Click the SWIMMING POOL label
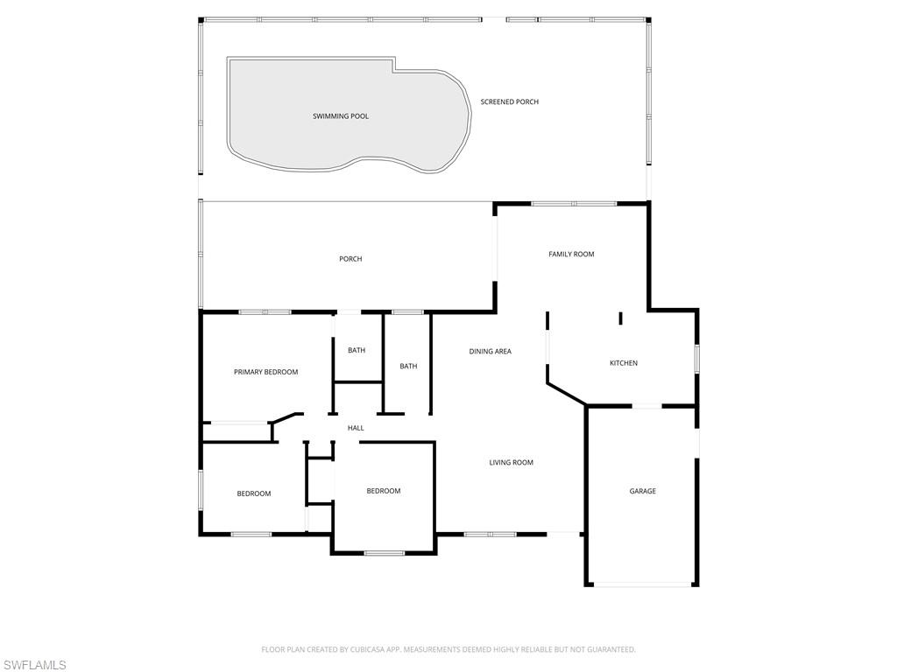tap(341, 116)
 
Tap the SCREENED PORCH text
tap(509, 102)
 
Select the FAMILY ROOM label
tap(571, 255)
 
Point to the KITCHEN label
tap(624, 363)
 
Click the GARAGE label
tap(642, 492)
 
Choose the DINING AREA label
tap(490, 352)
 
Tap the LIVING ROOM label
tap(511, 463)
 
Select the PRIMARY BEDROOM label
tap(265, 373)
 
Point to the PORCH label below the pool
tap(350, 259)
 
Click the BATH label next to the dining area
tap(408, 367)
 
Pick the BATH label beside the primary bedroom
tap(357, 351)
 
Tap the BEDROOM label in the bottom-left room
tap(253, 494)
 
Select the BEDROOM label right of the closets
tap(383, 492)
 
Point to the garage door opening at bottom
tap(642, 584)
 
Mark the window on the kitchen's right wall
tap(697, 360)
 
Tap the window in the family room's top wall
tap(574, 203)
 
